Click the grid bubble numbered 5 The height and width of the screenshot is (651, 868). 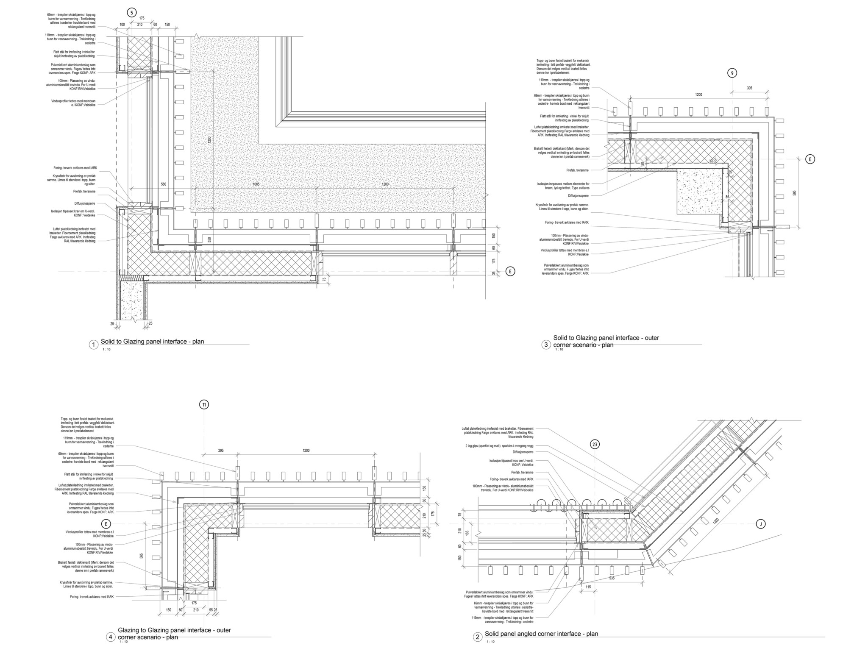(132, 13)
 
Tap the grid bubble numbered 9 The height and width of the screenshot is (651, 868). (732, 73)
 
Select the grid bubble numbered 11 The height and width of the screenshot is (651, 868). (204, 405)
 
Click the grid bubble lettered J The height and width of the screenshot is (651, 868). (761, 524)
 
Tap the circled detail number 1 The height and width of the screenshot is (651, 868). (93, 345)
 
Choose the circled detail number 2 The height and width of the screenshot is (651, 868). (478, 637)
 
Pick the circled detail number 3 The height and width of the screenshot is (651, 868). (546, 345)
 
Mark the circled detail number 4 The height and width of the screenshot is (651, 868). (110, 637)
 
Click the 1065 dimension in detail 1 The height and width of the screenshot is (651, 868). (256, 184)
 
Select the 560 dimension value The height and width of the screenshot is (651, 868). (164, 184)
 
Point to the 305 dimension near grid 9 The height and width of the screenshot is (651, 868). (749, 88)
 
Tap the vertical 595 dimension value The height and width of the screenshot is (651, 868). (794, 193)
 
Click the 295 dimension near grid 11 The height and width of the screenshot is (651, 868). (220, 451)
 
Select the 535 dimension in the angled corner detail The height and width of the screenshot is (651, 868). (611, 578)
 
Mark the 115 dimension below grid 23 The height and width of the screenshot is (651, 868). (588, 587)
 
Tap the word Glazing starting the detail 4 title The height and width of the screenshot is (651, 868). (128, 630)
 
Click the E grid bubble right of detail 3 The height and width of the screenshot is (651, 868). (810, 159)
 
